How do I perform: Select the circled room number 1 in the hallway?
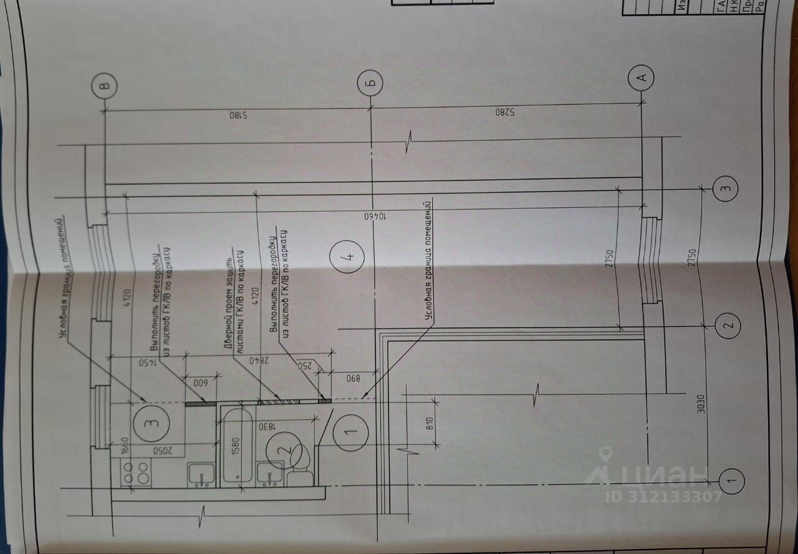(x=350, y=430)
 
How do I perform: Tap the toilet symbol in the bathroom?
(x=299, y=462)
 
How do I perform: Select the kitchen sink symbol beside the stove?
(x=201, y=475)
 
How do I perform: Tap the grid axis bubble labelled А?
(x=643, y=77)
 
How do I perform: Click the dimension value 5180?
(x=236, y=115)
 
